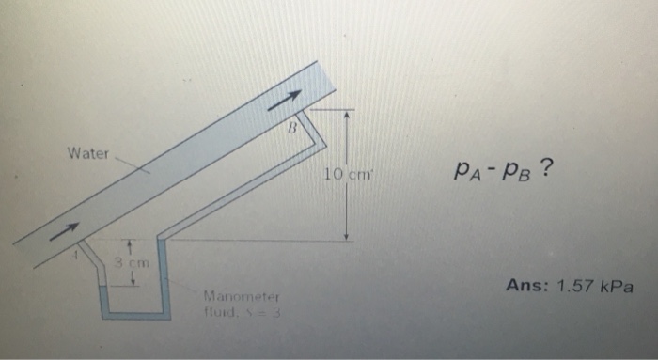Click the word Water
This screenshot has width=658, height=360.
point(88,152)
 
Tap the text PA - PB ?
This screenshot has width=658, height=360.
point(502,169)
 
